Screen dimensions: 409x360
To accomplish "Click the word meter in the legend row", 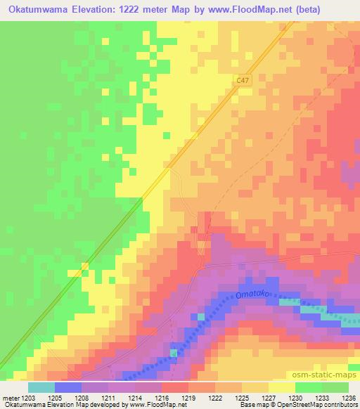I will [11, 397].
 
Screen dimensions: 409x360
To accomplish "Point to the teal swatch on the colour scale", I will [41, 387].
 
